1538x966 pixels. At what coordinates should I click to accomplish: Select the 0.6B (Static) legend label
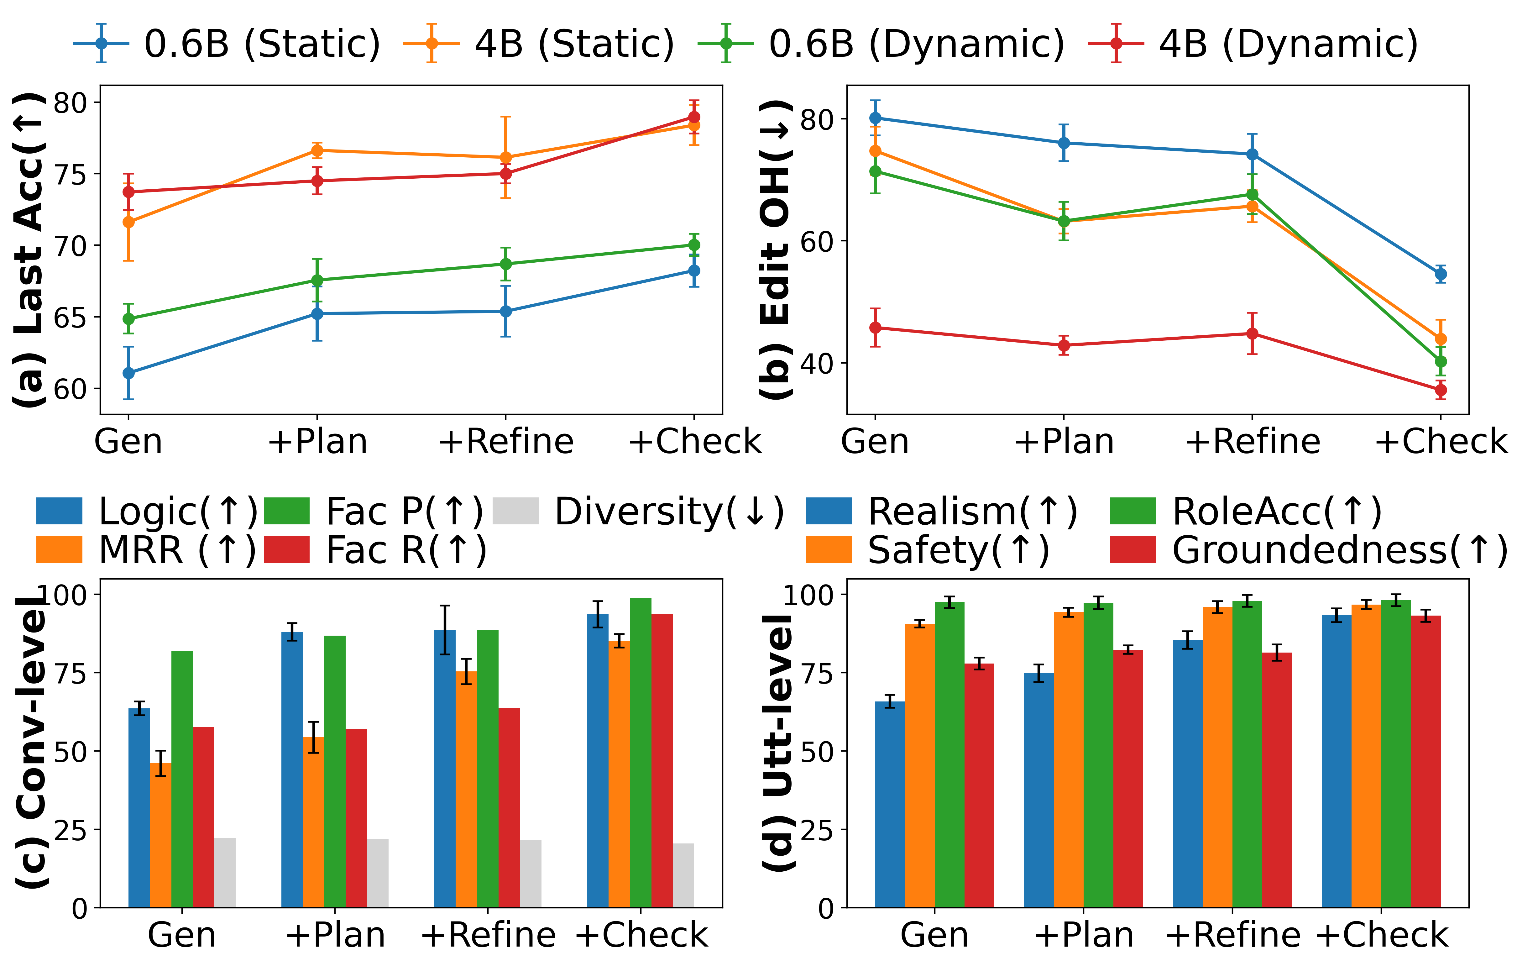click(x=262, y=44)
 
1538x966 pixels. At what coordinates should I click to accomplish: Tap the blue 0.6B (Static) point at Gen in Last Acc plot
click(x=128, y=372)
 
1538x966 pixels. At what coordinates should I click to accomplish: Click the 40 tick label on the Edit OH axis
click(x=819, y=363)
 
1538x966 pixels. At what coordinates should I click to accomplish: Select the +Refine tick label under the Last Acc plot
click(x=506, y=442)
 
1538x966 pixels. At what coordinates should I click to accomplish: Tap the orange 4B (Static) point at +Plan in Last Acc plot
click(x=317, y=151)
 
